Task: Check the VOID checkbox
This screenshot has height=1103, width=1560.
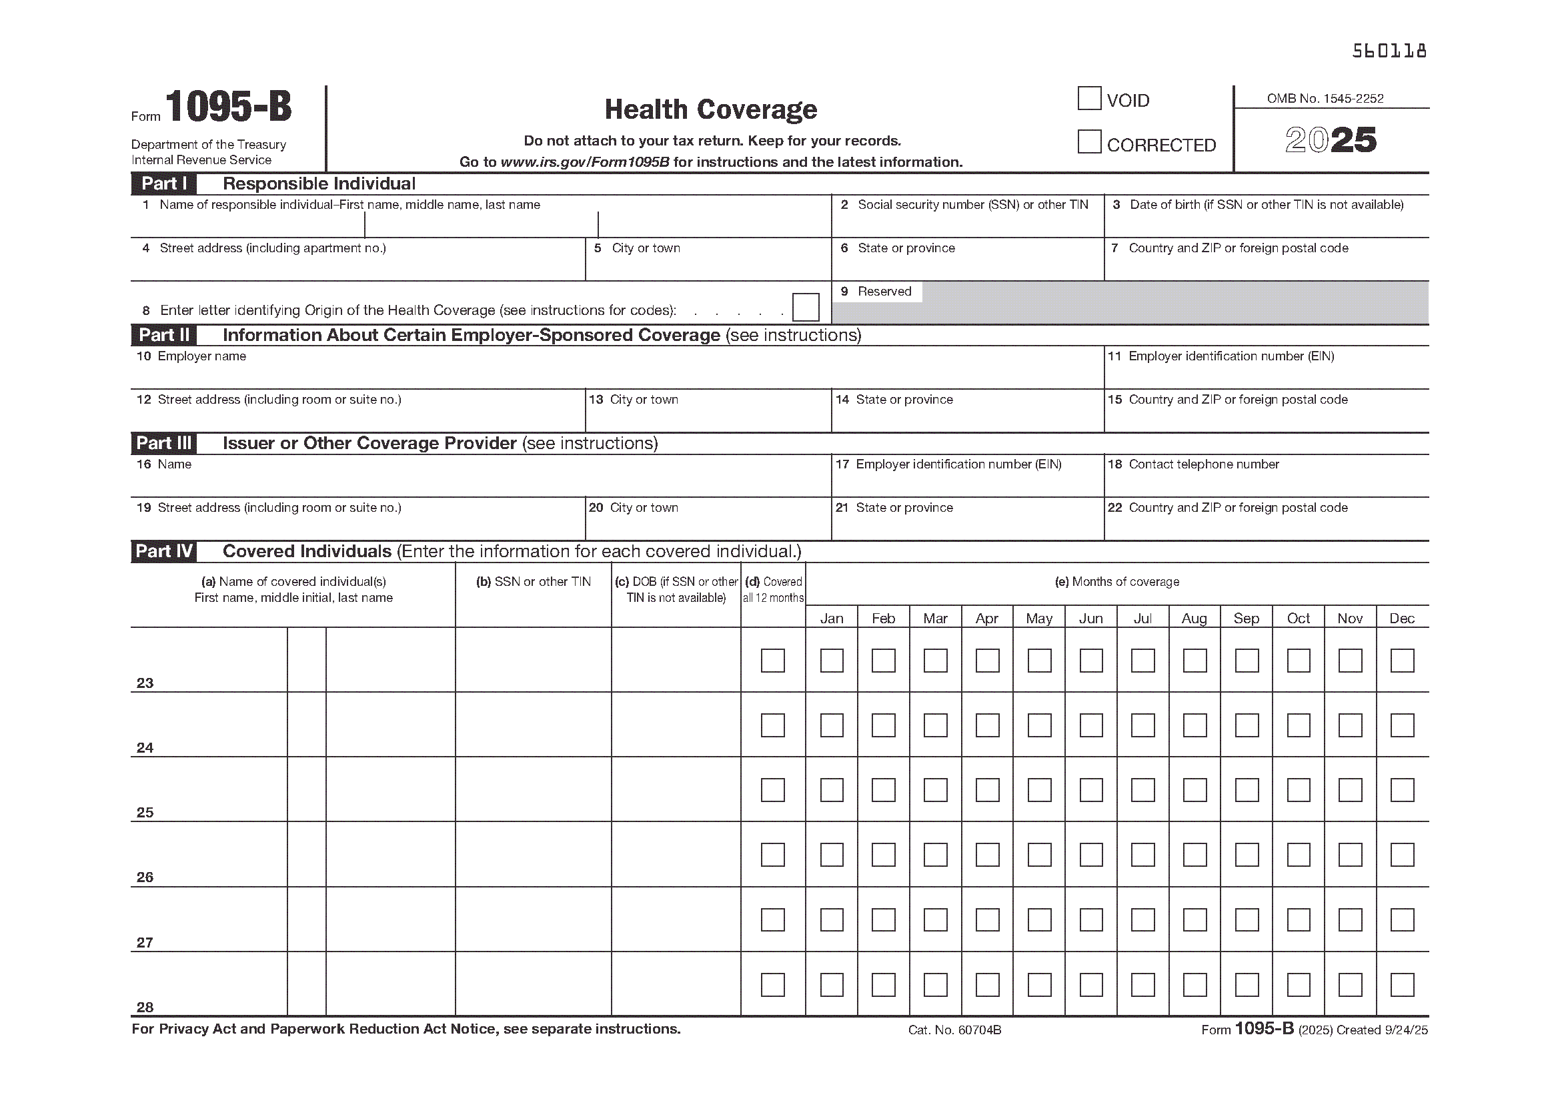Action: point(1088,99)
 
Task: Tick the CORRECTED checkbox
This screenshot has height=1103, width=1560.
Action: point(1088,142)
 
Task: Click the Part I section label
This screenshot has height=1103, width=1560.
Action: point(164,184)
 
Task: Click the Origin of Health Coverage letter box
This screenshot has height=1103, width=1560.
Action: point(805,307)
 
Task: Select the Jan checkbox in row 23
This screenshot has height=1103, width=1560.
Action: point(832,661)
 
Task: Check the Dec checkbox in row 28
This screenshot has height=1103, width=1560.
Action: point(1402,985)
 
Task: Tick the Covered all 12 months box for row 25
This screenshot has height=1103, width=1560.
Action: point(772,789)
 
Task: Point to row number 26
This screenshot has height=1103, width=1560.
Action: point(145,877)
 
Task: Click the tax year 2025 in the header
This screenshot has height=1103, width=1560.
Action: point(1331,140)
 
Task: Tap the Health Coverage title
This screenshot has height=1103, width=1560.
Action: point(711,109)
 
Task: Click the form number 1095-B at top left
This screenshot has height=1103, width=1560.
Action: point(228,107)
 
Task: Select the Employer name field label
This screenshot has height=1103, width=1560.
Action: point(201,356)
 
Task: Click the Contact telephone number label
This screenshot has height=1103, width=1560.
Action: point(1203,464)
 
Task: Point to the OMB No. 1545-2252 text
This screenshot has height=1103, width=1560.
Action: point(1325,99)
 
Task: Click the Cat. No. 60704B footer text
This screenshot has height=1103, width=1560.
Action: point(954,1030)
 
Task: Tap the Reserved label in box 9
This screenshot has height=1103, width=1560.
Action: point(884,292)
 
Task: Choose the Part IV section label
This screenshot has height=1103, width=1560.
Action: point(164,551)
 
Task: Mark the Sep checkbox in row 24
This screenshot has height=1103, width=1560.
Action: point(1246,725)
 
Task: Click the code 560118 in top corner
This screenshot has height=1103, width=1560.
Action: point(1389,51)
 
